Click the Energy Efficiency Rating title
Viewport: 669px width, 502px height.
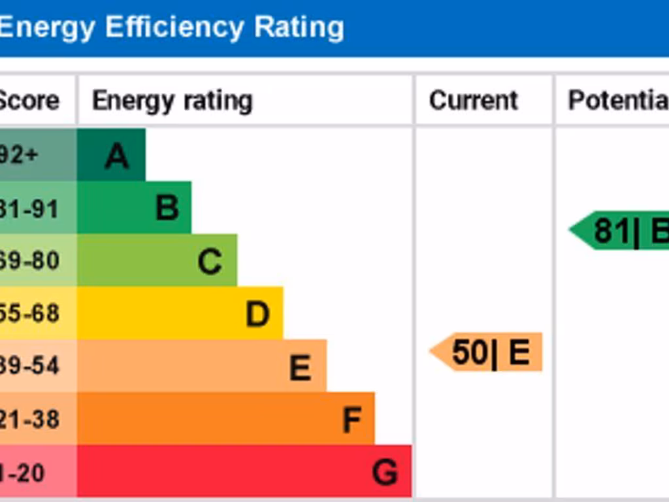click(x=171, y=27)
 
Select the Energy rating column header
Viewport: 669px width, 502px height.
click(x=172, y=101)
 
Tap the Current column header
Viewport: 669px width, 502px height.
click(x=473, y=101)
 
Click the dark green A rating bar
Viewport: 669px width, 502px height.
click(x=111, y=155)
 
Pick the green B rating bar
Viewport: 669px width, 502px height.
click(x=134, y=208)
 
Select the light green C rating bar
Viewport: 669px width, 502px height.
click(x=157, y=260)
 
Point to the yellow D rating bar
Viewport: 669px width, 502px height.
click(x=180, y=313)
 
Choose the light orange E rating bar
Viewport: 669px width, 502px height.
click(x=201, y=366)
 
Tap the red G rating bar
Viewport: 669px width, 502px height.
click(x=244, y=471)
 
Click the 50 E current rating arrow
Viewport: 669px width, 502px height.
click(x=487, y=352)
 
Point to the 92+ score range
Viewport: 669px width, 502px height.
click(x=20, y=156)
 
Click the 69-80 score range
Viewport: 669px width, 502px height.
click(x=29, y=261)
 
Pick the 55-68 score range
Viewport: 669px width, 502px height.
click(x=29, y=314)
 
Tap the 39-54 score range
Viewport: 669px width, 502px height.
click(x=29, y=366)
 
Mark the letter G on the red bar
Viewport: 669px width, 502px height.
click(x=384, y=472)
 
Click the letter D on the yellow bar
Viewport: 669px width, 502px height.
click(x=257, y=314)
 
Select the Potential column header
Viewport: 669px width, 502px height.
click(x=618, y=101)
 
